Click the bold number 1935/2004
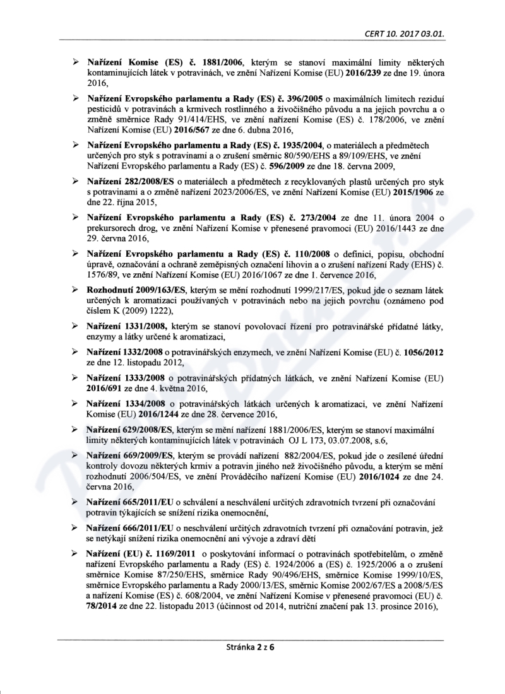click(x=292, y=146)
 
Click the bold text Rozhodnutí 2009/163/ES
click(x=134, y=290)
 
